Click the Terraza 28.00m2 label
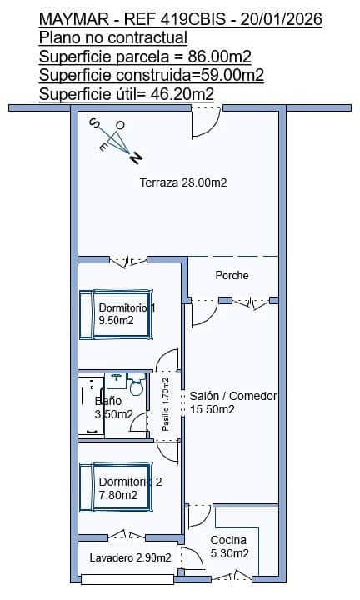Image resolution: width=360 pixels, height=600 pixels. click(x=183, y=182)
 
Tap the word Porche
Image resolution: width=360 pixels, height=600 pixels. click(x=232, y=275)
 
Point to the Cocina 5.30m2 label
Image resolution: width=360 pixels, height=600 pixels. click(x=229, y=547)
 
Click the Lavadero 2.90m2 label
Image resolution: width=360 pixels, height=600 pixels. click(x=131, y=557)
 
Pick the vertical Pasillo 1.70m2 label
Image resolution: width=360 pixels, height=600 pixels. click(x=166, y=404)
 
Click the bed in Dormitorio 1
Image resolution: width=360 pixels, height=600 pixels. click(x=116, y=314)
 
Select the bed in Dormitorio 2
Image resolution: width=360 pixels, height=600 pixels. click(x=116, y=487)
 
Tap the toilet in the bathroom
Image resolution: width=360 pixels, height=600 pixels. click(x=136, y=385)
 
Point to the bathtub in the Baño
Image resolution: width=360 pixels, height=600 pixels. click(x=91, y=406)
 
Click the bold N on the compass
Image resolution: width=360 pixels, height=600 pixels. click(x=136, y=157)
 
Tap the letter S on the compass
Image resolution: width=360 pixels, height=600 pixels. click(x=93, y=122)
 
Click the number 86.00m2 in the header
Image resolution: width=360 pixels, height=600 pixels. click(x=220, y=57)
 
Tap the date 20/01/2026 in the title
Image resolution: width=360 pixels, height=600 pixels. click(x=281, y=19)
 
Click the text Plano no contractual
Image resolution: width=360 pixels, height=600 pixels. click(x=113, y=37)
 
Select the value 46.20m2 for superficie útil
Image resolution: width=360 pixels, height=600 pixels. click(x=182, y=94)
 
